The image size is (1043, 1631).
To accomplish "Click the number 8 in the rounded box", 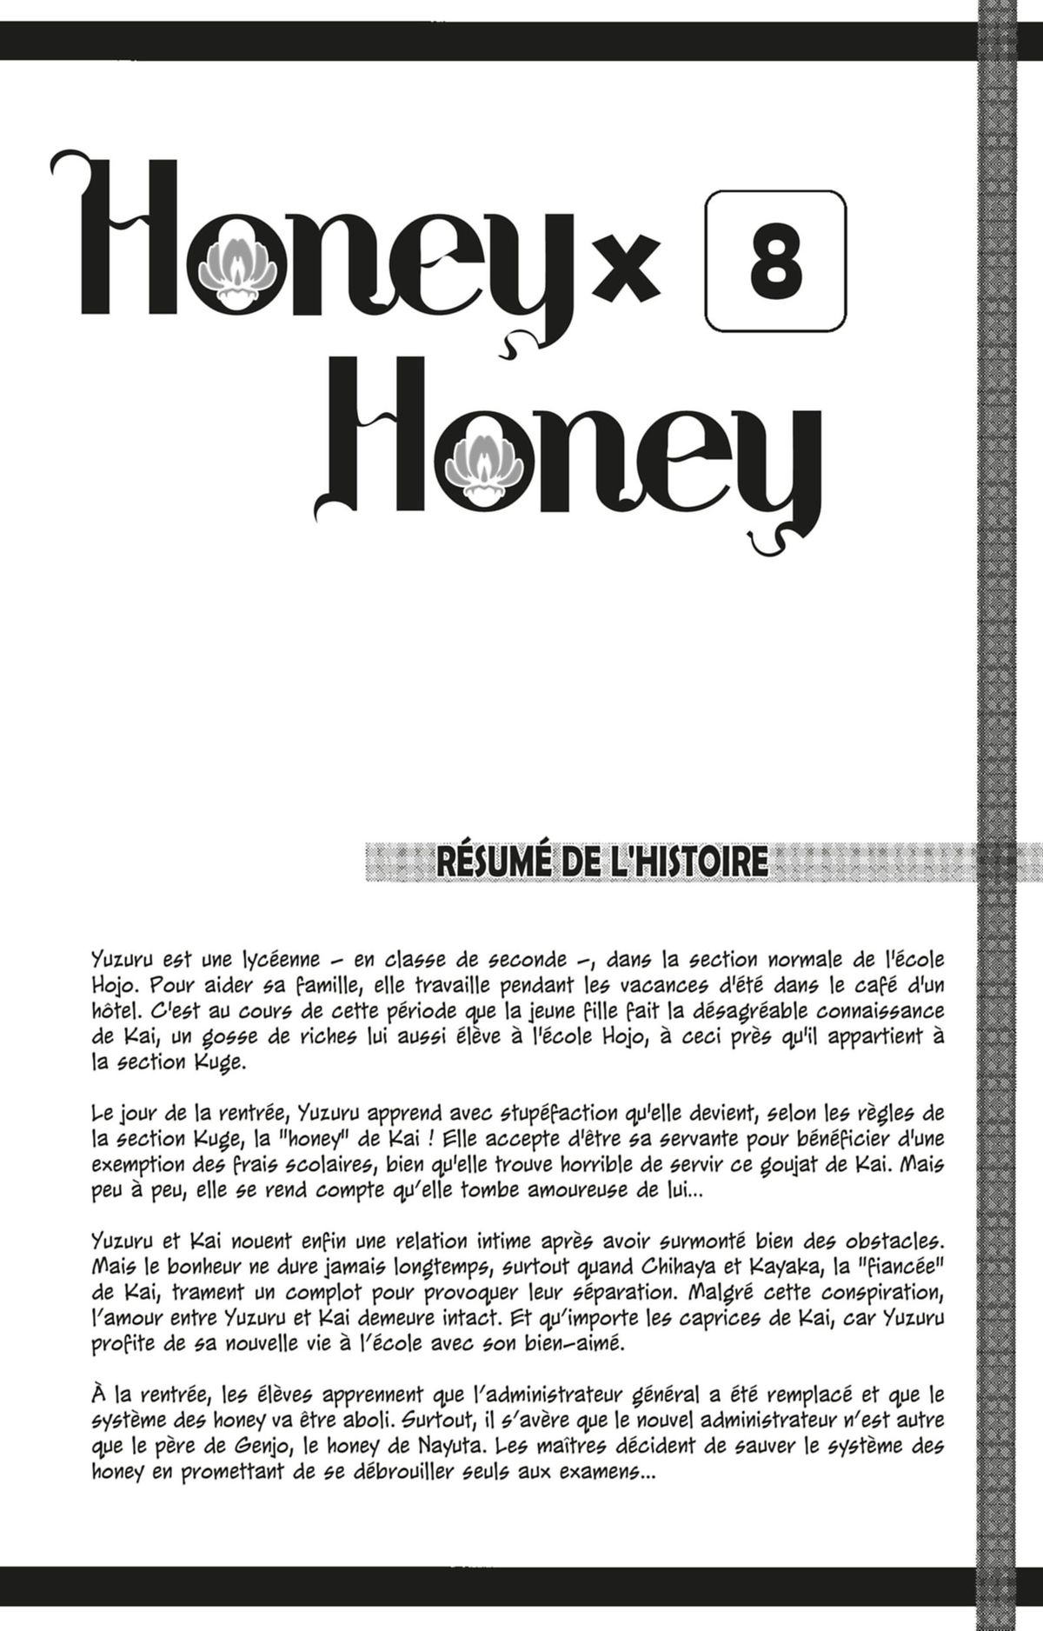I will coord(776,261).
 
